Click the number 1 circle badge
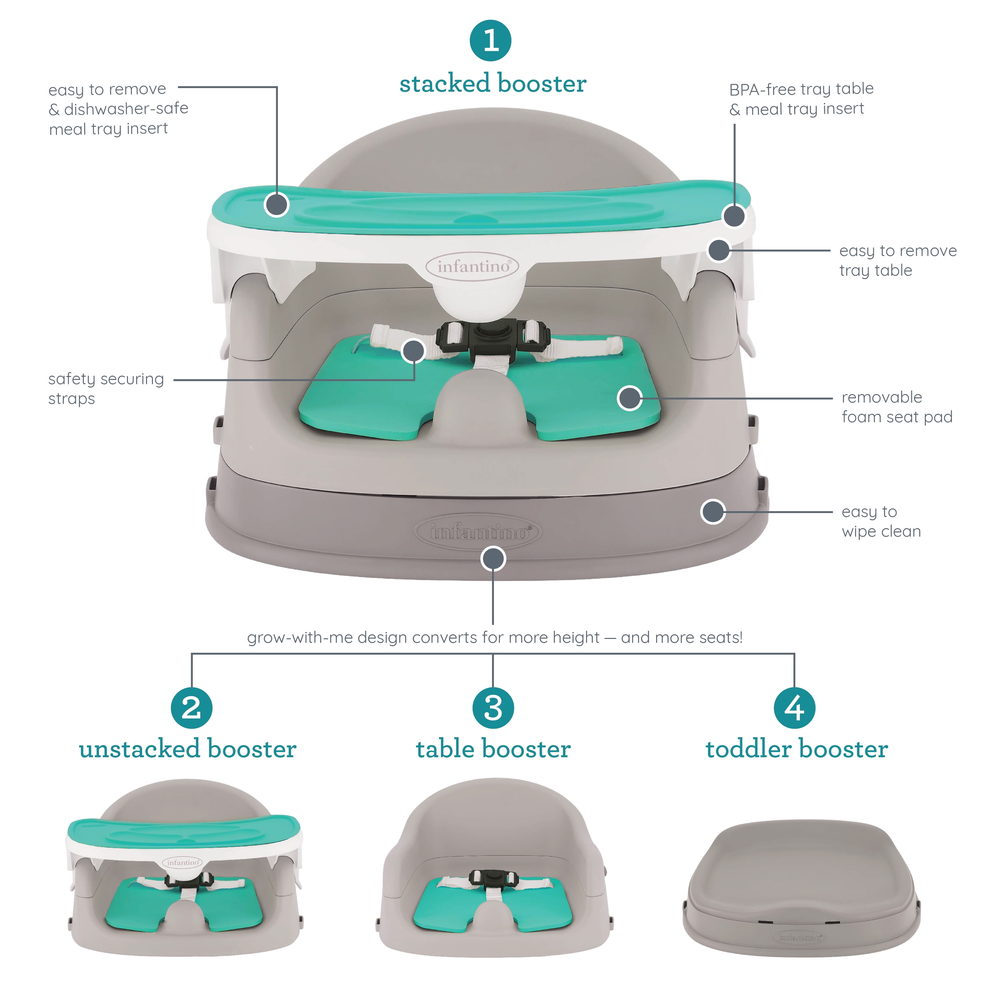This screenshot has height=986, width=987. coord(490,40)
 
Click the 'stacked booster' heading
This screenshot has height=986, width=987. coord(493,84)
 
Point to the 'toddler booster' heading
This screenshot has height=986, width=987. coord(797,749)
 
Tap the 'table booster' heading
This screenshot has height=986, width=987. coord(493,749)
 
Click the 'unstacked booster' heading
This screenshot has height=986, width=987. coord(187,749)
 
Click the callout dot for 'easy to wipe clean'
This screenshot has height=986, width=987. coord(713,512)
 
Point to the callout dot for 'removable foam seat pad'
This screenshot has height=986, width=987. coord(629,398)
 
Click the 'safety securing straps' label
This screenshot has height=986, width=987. coord(106,388)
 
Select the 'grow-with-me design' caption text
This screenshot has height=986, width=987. coord(495,637)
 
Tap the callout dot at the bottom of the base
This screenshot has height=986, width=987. coord(493,559)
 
